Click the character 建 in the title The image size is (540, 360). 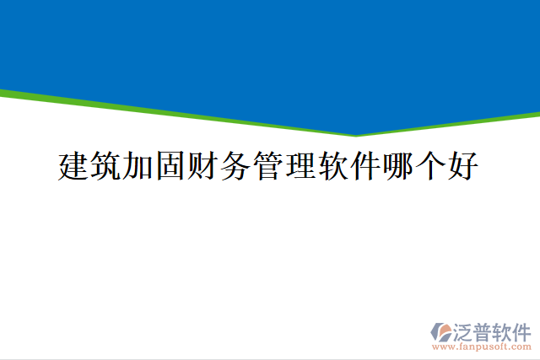coord(74,166)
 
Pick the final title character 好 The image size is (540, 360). coord(464,166)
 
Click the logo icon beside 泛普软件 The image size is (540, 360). coord(441,332)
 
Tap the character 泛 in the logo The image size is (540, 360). coord(464,331)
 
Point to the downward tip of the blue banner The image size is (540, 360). coord(356,134)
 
